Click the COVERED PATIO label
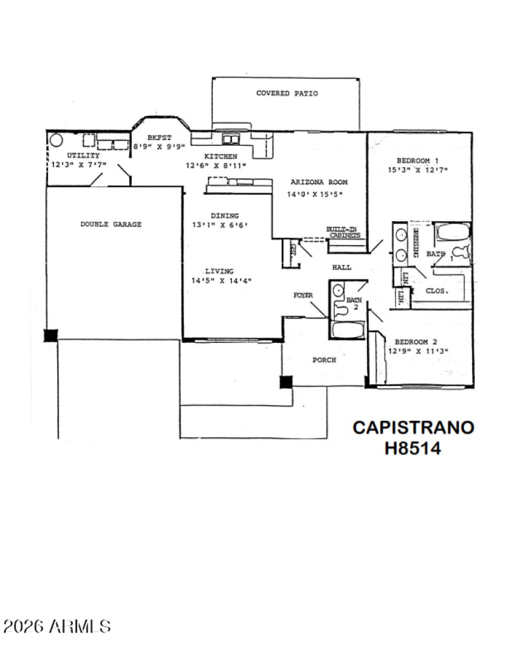pyautogui.click(x=286, y=93)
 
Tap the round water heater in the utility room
pyautogui.click(x=56, y=139)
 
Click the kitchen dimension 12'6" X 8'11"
pyautogui.click(x=215, y=165)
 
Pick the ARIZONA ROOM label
pyautogui.click(x=319, y=182)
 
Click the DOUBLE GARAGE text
pyautogui.click(x=111, y=224)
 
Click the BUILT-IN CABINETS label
pyautogui.click(x=343, y=232)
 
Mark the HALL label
pyautogui.click(x=342, y=267)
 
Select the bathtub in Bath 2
pyautogui.click(x=347, y=331)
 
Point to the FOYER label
pyautogui.click(x=302, y=295)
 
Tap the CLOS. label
pyautogui.click(x=437, y=291)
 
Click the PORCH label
pyautogui.click(x=324, y=360)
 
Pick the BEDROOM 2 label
pyautogui.click(x=416, y=340)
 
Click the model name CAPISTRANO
pyautogui.click(x=413, y=427)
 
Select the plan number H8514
pyautogui.click(x=413, y=448)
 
